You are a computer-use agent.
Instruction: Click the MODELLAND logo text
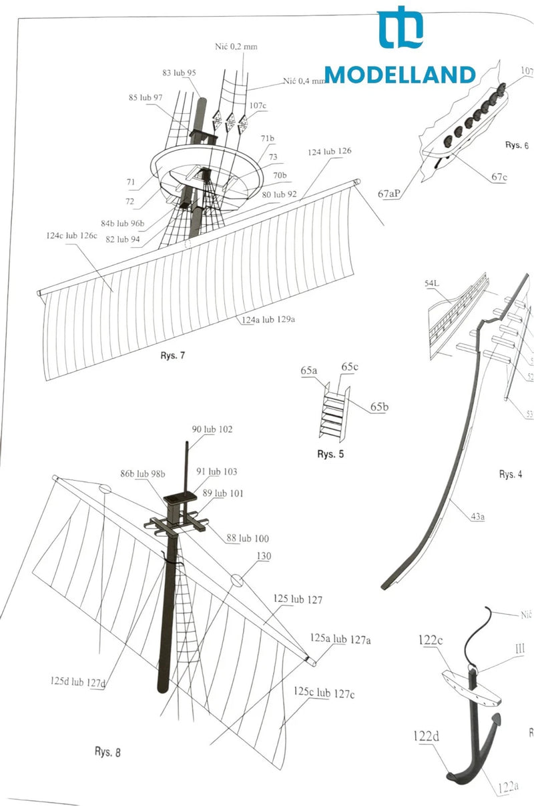400,75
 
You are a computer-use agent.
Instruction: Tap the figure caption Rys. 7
172,356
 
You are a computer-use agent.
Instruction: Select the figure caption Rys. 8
107,753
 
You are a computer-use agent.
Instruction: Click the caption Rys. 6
517,145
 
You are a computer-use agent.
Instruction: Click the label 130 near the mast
263,555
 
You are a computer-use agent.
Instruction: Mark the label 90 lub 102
212,429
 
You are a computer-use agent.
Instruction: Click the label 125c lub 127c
324,693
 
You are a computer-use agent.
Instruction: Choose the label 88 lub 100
248,538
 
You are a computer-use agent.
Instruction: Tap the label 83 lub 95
179,73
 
